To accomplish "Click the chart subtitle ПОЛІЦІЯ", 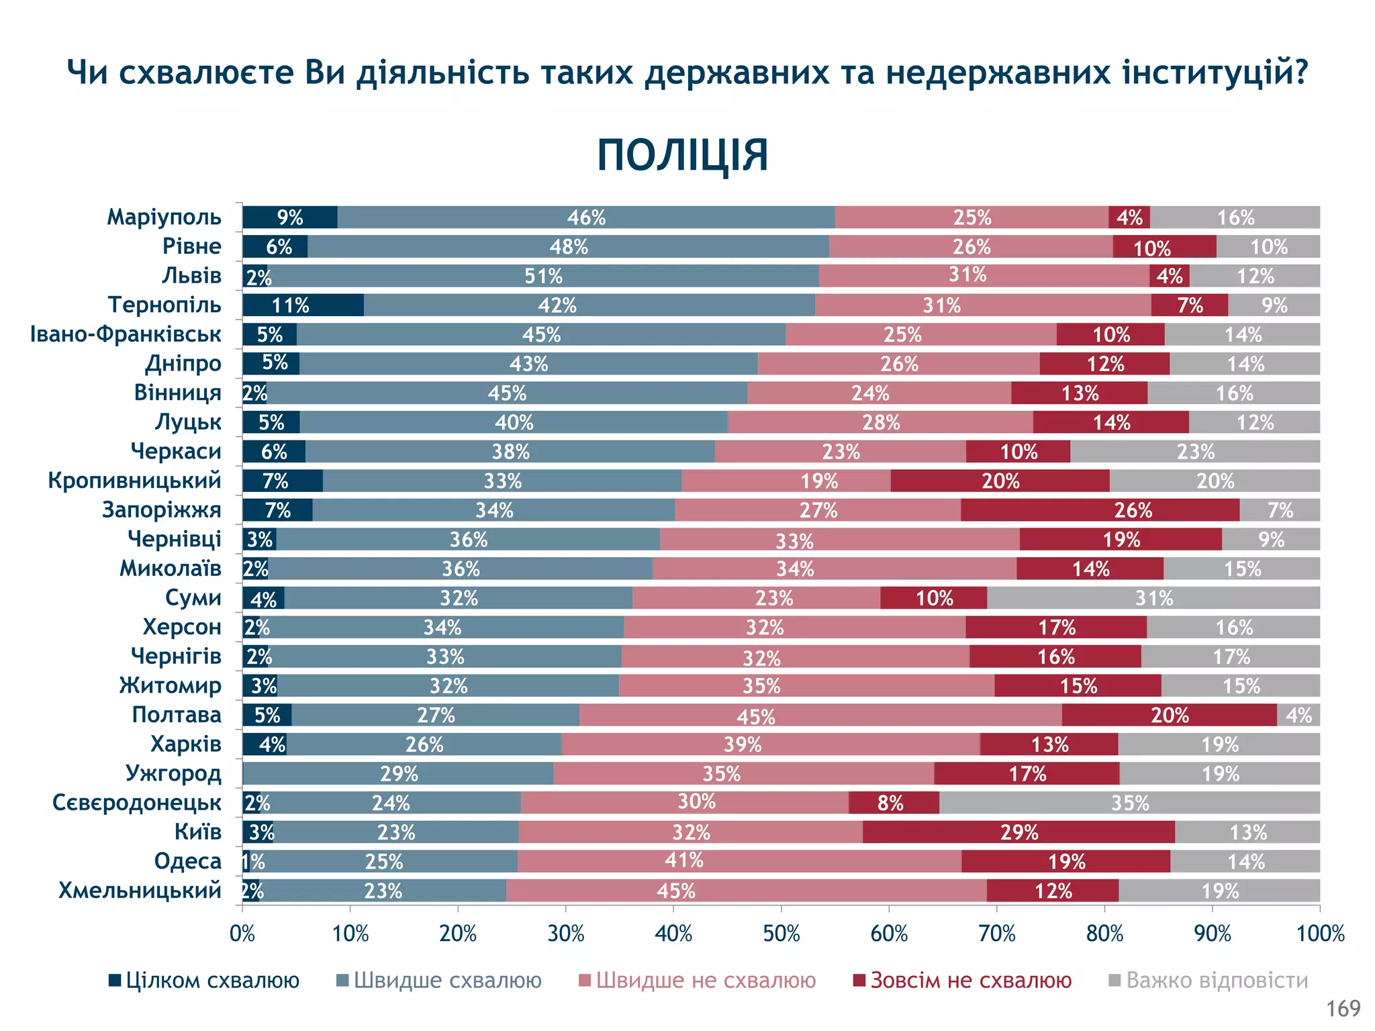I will [x=682, y=156].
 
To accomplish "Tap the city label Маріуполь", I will [x=164, y=217].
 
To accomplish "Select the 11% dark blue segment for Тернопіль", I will [x=303, y=305].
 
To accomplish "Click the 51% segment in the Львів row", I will [x=543, y=276].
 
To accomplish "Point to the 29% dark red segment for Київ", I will [x=1018, y=832].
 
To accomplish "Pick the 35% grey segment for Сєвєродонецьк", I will [x=1130, y=803].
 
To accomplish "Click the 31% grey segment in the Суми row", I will [x=1153, y=598].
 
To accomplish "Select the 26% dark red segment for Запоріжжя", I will [x=1100, y=510].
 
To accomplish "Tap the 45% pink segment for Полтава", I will [x=820, y=716].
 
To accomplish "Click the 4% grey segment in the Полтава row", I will [x=1298, y=716].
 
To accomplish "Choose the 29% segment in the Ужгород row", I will [x=399, y=774].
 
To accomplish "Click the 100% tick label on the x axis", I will [x=1320, y=934].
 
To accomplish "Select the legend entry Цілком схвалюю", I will [x=204, y=981].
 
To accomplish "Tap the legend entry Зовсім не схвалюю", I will [x=962, y=981].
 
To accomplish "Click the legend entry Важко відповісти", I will [x=1208, y=981].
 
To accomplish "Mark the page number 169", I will [x=1343, y=1008].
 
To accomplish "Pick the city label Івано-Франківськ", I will [x=126, y=334].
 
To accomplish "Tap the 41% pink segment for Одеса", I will [x=739, y=861].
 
